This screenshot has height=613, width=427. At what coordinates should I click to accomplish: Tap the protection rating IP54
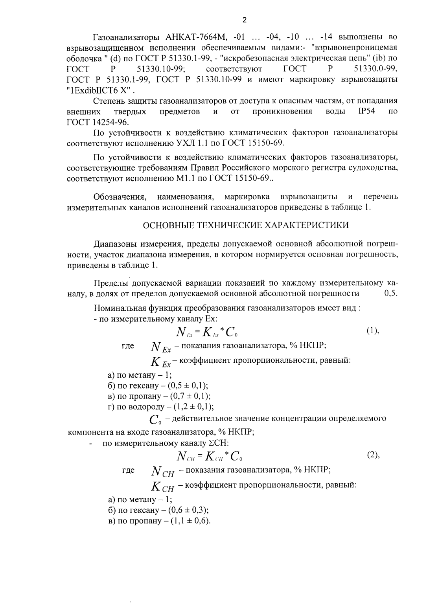pos(366,111)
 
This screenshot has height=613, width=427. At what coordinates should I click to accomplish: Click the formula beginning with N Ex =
pos(207,332)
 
